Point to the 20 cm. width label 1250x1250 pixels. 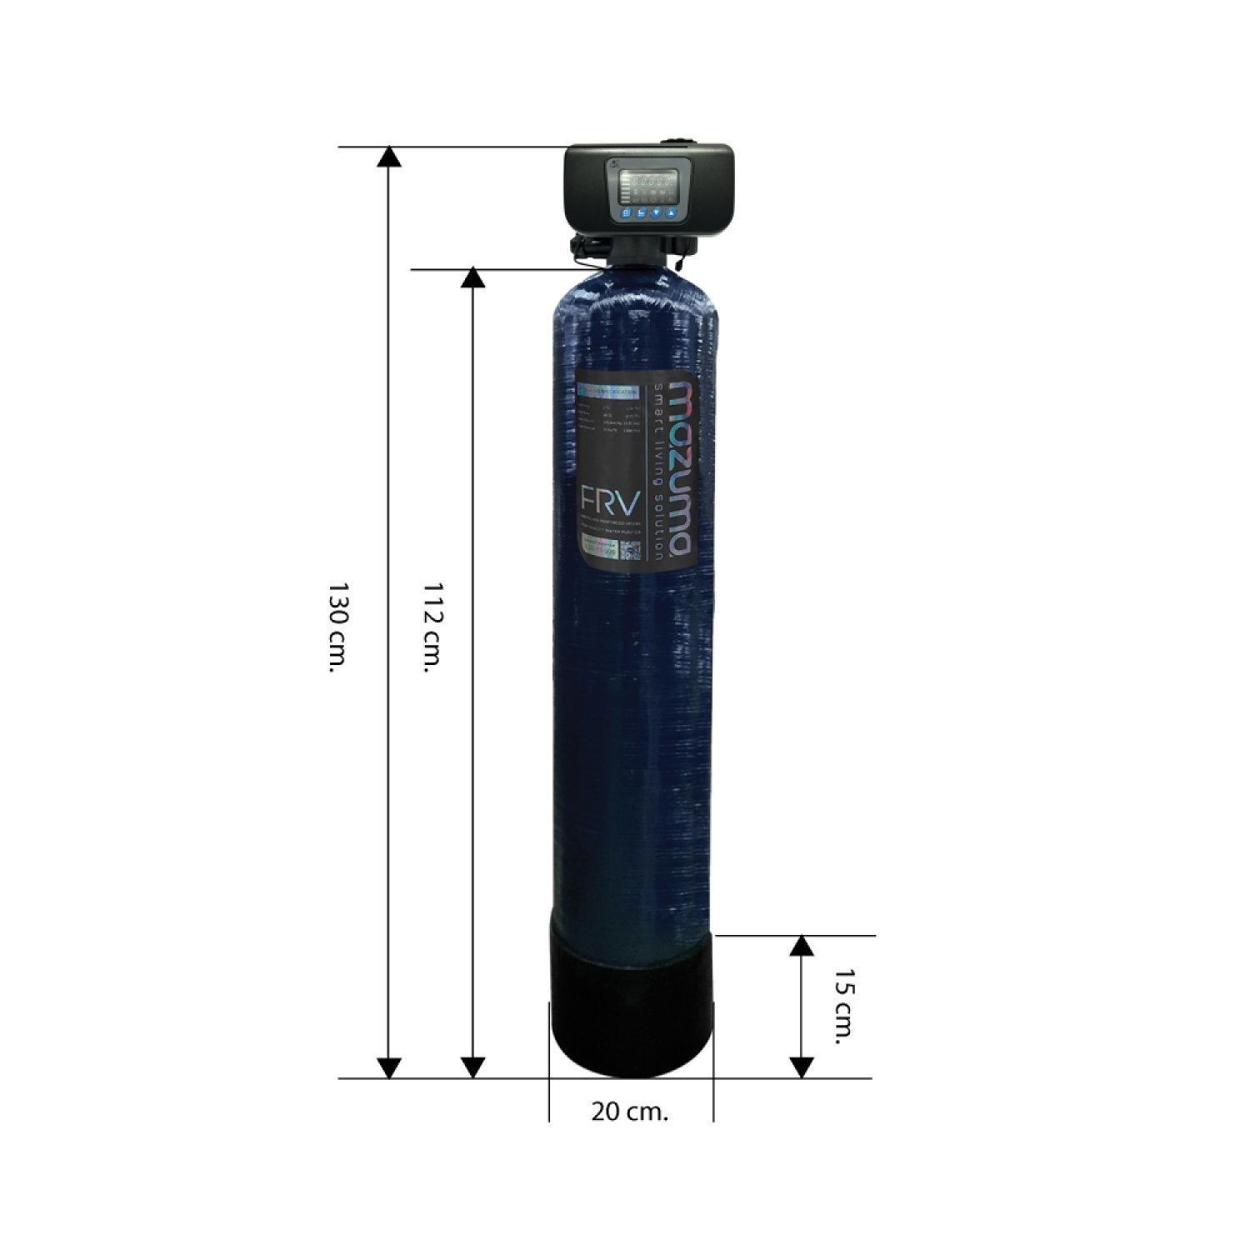[x=630, y=1112]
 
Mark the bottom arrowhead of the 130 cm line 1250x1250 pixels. [x=389, y=1067]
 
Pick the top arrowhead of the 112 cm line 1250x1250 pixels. [x=472, y=279]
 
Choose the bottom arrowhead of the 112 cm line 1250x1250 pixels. [x=472, y=1067]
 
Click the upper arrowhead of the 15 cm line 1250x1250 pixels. [x=801, y=946]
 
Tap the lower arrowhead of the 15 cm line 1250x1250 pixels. [x=801, y=1067]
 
